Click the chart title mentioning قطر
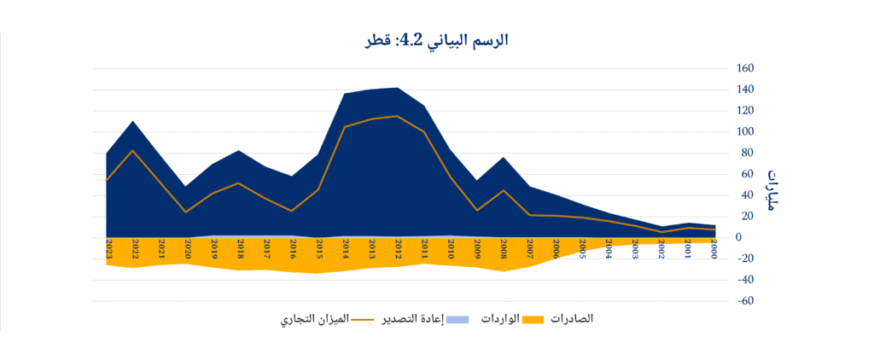pyautogui.click(x=438, y=40)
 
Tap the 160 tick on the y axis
pyautogui.click(x=745, y=68)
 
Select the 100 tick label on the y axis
pyautogui.click(x=745, y=131)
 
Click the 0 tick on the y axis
pyautogui.click(x=739, y=237)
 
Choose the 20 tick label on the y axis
pyautogui.click(x=743, y=216)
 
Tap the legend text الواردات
pyautogui.click(x=497, y=318)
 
